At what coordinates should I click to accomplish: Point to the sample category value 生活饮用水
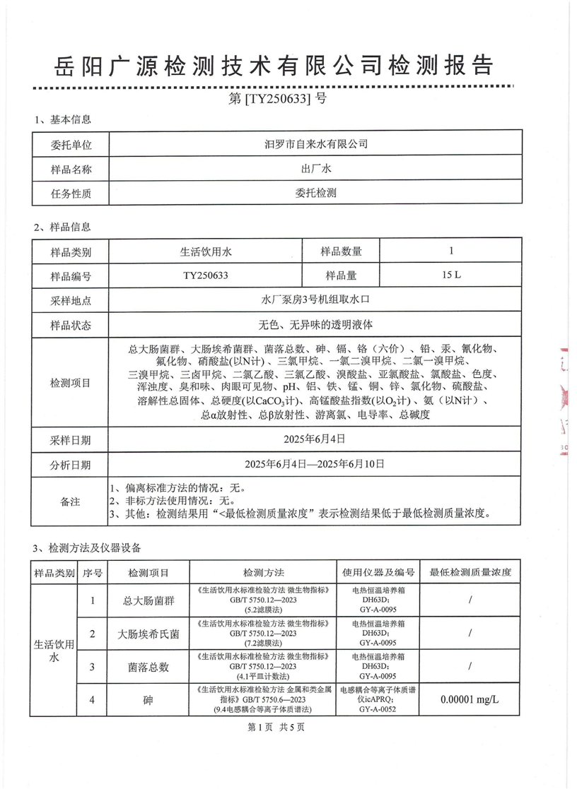[x=202, y=251]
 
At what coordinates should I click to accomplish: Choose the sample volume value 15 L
[x=450, y=275]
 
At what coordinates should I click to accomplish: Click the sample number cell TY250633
[x=202, y=275]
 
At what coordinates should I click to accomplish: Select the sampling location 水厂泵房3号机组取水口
[x=315, y=300]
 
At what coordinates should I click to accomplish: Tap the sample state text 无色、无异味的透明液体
[x=315, y=325]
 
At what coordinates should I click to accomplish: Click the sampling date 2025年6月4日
[x=315, y=439]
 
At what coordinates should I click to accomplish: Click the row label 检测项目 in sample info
[x=71, y=383]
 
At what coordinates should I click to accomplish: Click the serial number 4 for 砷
[x=93, y=699]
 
